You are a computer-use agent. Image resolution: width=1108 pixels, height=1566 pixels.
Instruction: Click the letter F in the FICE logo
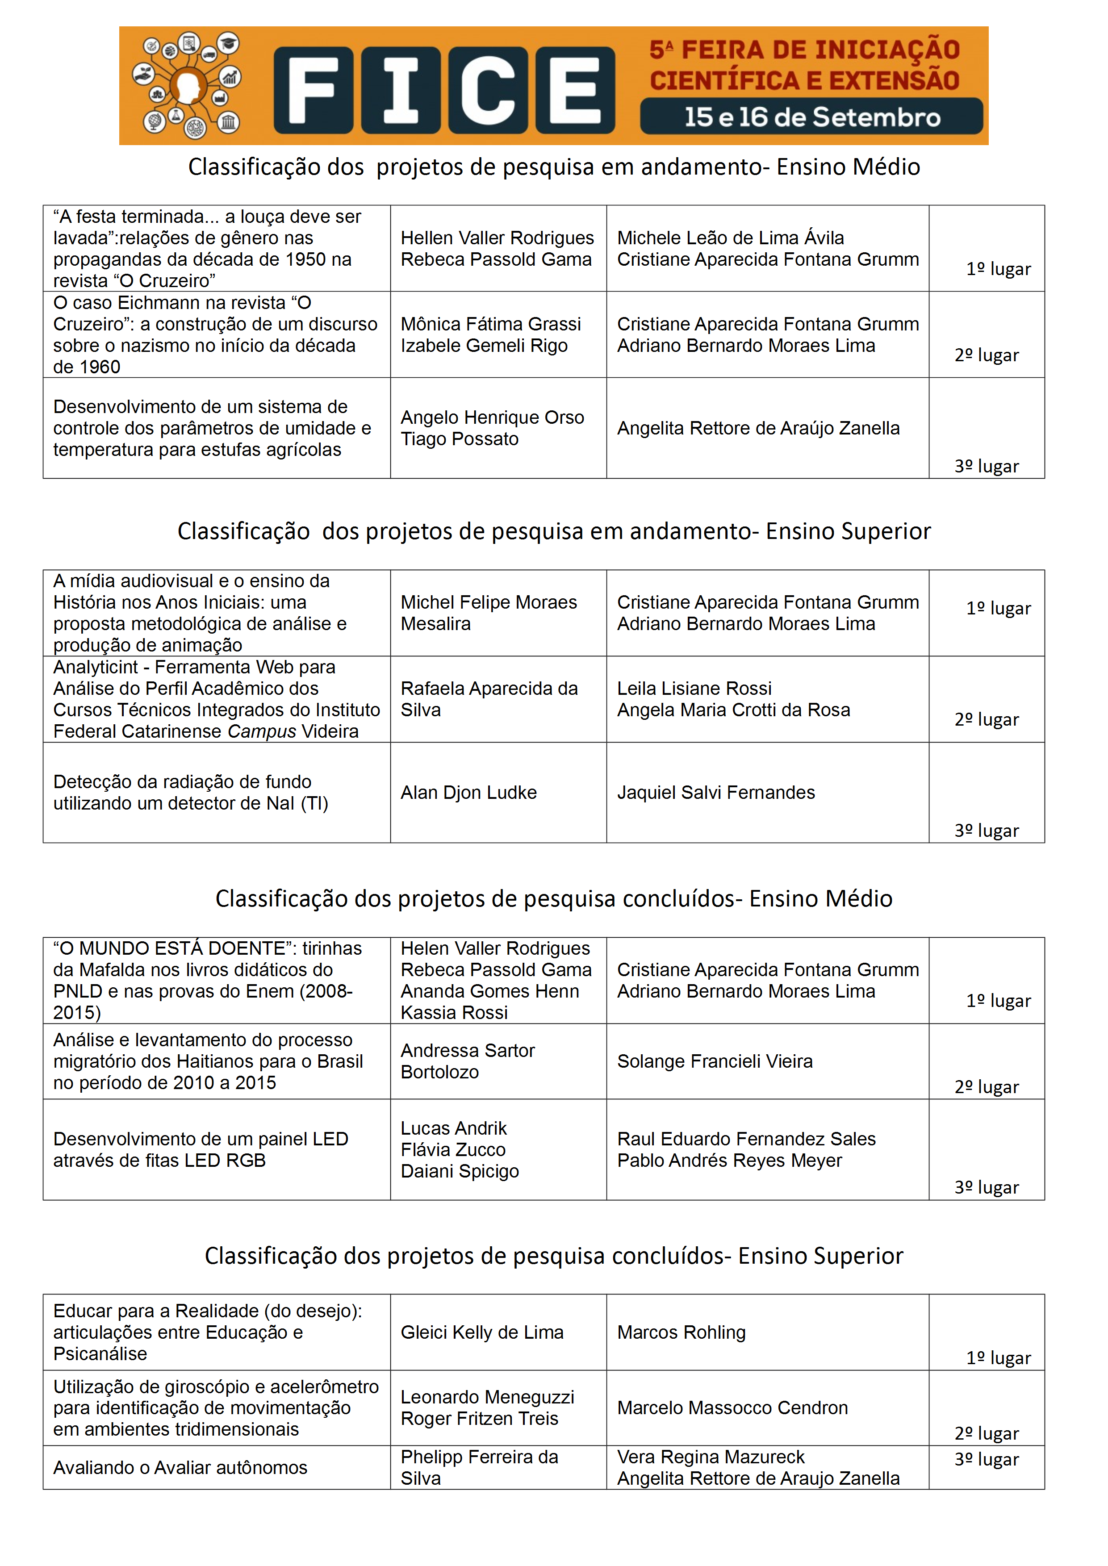[313, 90]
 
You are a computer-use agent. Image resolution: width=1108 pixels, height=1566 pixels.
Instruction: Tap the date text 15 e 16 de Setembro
[812, 117]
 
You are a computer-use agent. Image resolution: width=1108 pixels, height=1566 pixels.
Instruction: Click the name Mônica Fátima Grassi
[490, 324]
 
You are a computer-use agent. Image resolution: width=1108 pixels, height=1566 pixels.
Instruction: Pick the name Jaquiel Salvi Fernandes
[716, 793]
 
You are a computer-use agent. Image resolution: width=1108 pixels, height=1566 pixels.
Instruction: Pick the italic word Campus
[261, 732]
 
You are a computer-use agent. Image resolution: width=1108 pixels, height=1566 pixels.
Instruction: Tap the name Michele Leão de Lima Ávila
[730, 238]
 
